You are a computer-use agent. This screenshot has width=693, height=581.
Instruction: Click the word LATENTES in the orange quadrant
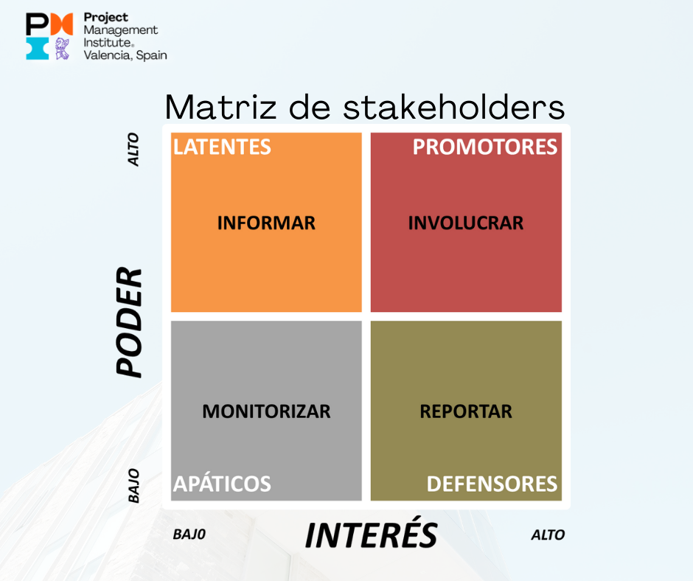click(222, 147)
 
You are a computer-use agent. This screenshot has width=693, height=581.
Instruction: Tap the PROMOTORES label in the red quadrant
click(485, 147)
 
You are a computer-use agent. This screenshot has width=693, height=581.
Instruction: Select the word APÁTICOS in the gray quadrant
click(222, 483)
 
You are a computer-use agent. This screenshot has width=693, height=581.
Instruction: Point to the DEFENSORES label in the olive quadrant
click(492, 484)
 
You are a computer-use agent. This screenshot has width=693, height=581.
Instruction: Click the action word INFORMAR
click(266, 223)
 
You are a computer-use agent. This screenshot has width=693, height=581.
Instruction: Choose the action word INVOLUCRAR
click(466, 223)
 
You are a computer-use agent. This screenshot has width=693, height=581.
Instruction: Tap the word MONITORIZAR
click(266, 411)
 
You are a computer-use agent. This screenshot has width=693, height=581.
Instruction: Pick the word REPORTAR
click(466, 411)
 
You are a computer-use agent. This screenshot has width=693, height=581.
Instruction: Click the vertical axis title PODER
click(129, 322)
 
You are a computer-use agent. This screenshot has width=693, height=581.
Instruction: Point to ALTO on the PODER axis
click(133, 150)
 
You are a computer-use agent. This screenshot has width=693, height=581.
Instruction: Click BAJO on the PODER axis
click(133, 486)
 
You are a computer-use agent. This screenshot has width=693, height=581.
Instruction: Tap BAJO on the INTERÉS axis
click(189, 535)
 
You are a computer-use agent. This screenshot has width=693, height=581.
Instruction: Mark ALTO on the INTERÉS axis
click(548, 535)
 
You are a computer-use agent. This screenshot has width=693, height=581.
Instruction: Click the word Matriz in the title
click(221, 107)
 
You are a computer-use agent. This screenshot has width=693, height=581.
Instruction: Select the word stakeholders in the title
click(454, 107)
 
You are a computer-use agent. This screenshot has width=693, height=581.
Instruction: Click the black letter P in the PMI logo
click(37, 24)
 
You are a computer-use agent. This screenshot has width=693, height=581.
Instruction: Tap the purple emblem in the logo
click(62, 49)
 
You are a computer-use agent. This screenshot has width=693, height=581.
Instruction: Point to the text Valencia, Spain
click(125, 55)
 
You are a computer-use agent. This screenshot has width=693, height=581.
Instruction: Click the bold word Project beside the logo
click(105, 18)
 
